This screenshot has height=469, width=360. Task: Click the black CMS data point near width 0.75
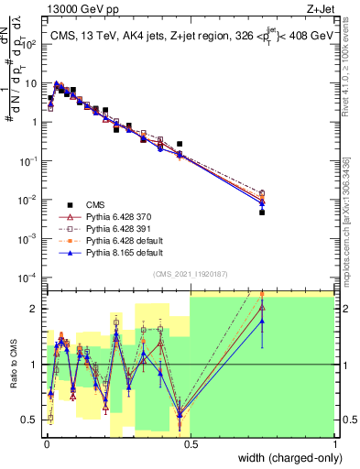click(x=262, y=212)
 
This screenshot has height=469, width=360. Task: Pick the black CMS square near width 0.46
click(x=180, y=144)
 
